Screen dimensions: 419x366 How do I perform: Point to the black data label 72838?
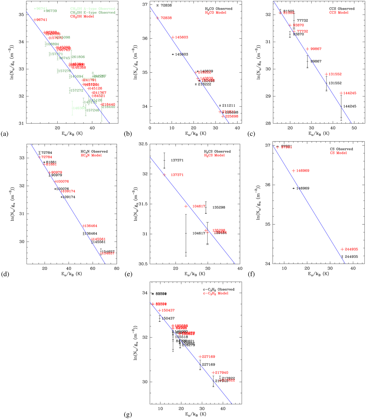tap(166, 5)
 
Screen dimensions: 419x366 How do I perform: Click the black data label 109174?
tap(69, 197)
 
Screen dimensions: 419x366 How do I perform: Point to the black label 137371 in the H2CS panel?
tap(177, 160)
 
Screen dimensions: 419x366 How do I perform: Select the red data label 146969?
tap(303, 171)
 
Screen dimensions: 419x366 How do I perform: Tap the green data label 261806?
tap(78, 57)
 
